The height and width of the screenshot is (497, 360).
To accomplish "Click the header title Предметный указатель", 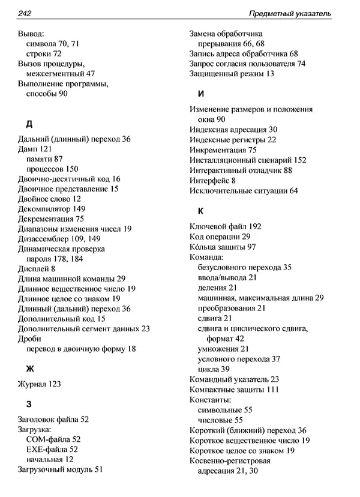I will [290, 13].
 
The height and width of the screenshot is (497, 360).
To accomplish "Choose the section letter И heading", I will [200, 94].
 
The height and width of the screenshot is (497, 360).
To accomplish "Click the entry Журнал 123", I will [40, 384].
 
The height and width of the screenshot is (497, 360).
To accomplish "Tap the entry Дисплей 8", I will [37, 269].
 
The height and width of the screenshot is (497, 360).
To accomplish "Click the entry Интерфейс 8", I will [212, 180].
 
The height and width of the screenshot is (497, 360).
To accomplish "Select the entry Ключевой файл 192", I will [225, 227].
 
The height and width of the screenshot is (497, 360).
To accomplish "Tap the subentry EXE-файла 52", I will [52, 449].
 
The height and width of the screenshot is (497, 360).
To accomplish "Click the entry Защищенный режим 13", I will [232, 73].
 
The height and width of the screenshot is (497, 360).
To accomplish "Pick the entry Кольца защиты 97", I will [223, 247].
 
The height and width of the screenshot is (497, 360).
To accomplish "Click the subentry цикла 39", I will [213, 369].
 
